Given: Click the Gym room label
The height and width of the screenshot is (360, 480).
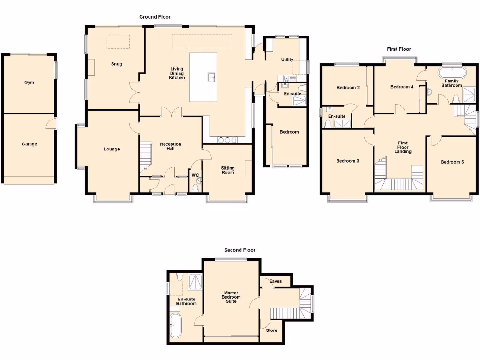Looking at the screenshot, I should pos(29,82).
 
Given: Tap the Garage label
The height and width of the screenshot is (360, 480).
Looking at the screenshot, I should pos(29,144).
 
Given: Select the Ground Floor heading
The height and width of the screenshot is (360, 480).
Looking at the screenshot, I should pos(155,17).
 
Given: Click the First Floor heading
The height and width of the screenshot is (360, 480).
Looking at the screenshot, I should pos(398,49).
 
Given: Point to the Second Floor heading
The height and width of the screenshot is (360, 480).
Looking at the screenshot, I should pos(240,250).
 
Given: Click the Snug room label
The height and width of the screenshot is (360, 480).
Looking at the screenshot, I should pos(116,64).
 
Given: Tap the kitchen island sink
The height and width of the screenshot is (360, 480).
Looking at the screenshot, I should pos(211,77).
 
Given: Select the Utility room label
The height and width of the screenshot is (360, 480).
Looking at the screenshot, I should pos(287,60).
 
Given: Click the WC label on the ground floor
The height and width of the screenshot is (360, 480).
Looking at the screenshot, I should pos(195,176).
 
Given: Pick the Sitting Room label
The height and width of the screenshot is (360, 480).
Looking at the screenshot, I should pos(228,170).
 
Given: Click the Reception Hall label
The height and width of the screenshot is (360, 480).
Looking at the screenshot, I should pos(170,146).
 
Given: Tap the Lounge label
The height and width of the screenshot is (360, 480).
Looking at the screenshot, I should pos(112,150).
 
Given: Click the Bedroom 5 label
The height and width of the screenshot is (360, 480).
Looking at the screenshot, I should pos(452,162).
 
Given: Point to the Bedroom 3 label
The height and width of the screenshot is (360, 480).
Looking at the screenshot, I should pos(347,161).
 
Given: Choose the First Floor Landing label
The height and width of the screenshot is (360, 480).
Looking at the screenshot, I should pos(403,147).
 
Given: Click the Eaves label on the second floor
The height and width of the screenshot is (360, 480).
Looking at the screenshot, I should pos(276,282).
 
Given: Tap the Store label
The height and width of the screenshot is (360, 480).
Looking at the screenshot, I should pos(271,330).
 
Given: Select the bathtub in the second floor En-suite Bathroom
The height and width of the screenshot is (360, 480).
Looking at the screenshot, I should pos(176,325).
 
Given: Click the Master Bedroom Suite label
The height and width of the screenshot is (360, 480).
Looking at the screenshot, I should pos(231,297).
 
